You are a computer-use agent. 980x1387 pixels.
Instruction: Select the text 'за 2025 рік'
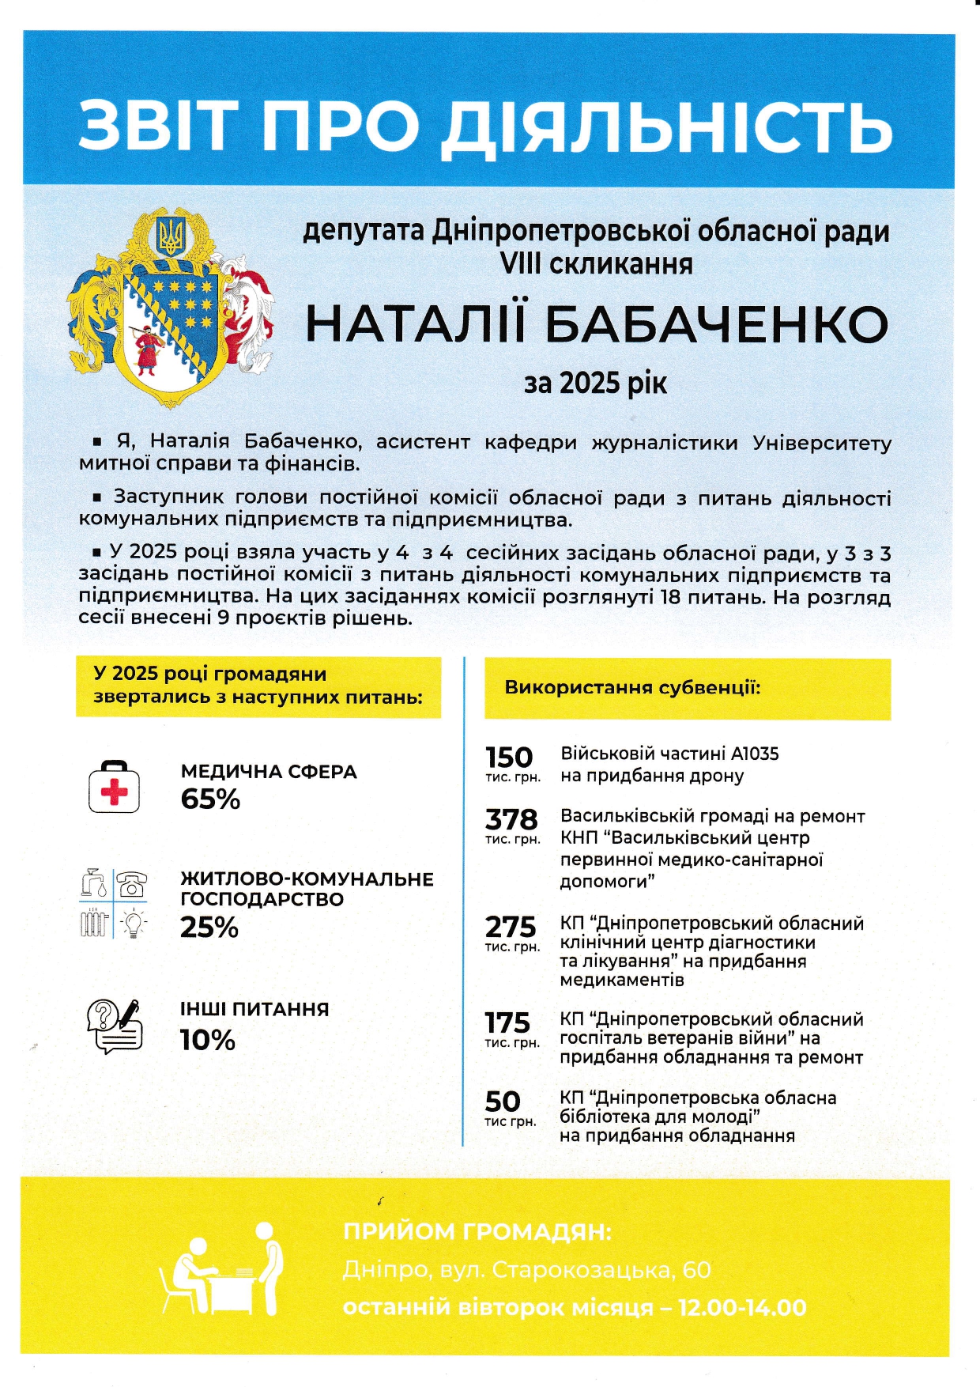[x=595, y=384]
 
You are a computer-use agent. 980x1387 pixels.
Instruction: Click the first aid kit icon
[x=114, y=787]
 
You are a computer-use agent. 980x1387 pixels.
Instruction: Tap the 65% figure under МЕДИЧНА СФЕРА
[x=210, y=799]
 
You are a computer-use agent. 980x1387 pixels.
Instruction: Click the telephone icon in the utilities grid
[x=131, y=883]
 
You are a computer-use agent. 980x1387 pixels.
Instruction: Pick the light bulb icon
[x=133, y=922]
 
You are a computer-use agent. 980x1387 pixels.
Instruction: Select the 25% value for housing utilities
[x=209, y=928]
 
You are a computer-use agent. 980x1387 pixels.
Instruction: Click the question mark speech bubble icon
[x=103, y=1015]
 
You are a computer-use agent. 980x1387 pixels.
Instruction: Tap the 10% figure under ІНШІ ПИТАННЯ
[x=207, y=1040]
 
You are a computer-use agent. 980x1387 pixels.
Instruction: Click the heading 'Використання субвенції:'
[x=632, y=687]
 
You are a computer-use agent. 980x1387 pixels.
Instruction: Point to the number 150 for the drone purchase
[x=509, y=758]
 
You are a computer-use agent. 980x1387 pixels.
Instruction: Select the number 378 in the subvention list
[x=511, y=819]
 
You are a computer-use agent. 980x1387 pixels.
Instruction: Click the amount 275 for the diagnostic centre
[x=511, y=927]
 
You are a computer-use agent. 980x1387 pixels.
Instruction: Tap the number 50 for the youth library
[x=503, y=1102]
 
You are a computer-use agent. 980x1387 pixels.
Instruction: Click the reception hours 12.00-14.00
[x=741, y=1308]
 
